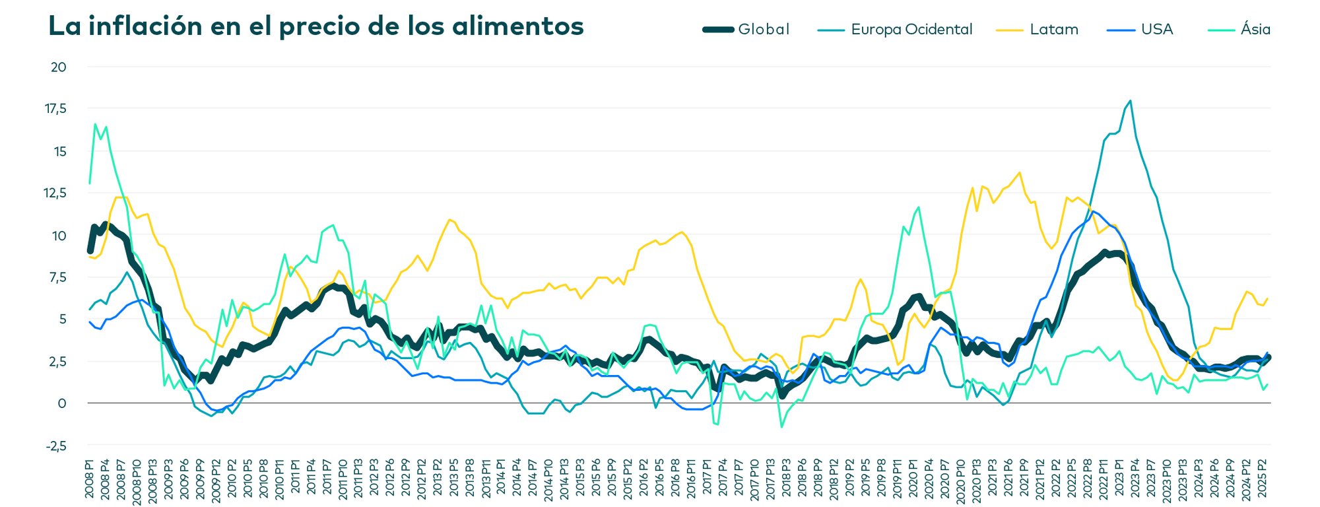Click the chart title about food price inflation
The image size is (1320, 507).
click(316, 26)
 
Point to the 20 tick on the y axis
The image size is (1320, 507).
click(59, 67)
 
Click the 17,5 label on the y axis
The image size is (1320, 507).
click(56, 109)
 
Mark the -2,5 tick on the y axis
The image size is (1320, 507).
click(56, 446)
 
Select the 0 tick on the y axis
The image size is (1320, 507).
click(62, 403)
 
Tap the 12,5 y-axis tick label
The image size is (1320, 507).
click(56, 193)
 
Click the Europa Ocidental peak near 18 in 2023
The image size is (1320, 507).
click(1131, 101)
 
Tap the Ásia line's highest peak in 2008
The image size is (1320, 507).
click(95, 123)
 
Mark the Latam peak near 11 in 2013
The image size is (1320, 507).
click(449, 219)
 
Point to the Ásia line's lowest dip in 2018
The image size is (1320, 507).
click(781, 427)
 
